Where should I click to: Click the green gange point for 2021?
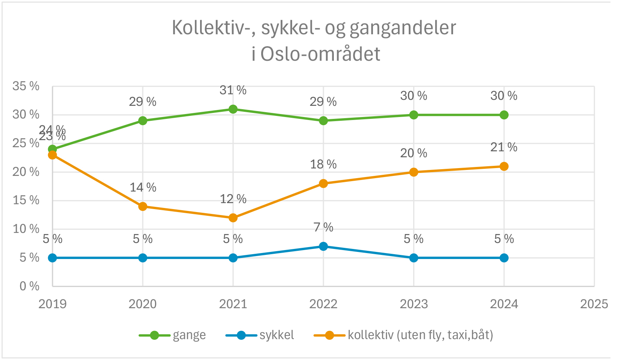click(233, 109)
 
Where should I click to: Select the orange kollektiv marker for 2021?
click(233, 218)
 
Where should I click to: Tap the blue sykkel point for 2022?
click(323, 246)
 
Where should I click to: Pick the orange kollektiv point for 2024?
click(504, 166)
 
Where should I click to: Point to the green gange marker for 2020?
click(143, 121)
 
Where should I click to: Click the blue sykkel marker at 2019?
click(53, 258)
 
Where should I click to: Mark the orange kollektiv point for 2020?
click(143, 206)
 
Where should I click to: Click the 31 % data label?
click(233, 90)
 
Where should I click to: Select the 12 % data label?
click(233, 199)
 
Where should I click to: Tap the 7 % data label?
click(323, 227)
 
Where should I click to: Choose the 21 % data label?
click(504, 148)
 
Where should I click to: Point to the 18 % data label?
click(323, 164)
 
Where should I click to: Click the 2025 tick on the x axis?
click(594, 304)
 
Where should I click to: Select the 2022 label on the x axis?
click(323, 304)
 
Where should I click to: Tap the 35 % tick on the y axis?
click(26, 86)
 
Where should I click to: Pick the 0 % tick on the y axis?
click(29, 286)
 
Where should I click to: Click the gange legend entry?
click(189, 335)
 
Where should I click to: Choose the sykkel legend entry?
click(276, 335)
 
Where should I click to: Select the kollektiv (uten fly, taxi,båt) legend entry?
click(420, 335)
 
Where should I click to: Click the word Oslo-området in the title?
click(320, 54)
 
